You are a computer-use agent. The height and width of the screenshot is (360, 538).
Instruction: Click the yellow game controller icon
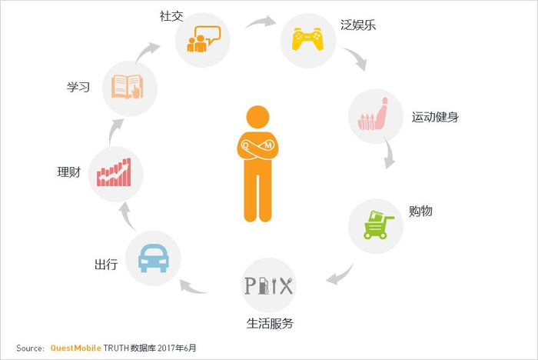(307, 38)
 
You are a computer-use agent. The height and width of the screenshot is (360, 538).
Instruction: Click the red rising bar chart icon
(115, 172)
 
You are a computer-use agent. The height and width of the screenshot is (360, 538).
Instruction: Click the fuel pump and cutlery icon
(268, 285)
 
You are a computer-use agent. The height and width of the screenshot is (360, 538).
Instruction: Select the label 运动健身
(435, 118)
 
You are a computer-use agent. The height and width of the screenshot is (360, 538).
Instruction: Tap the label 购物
(420, 210)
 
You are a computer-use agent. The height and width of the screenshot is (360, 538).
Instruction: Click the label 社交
(171, 16)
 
